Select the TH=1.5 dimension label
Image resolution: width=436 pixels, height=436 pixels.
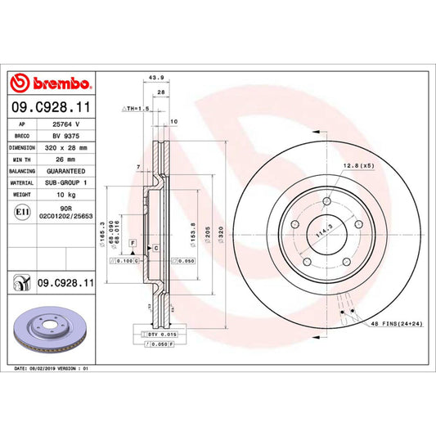click(136, 108)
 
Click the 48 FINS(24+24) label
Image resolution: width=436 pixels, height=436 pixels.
click(394, 324)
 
